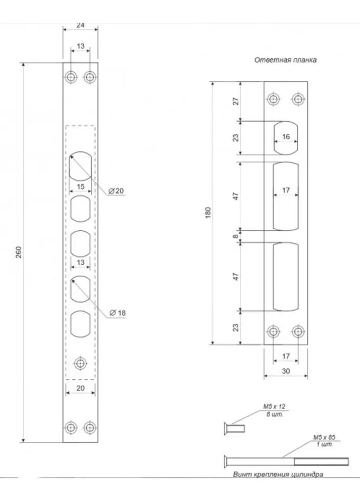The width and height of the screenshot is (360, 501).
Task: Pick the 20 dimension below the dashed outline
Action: point(80,388)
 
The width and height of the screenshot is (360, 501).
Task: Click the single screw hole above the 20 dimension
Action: point(80,363)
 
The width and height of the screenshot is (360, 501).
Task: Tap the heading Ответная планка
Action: point(285,60)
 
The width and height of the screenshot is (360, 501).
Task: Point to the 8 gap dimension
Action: point(234,235)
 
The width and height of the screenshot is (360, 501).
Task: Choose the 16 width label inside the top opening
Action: point(285,137)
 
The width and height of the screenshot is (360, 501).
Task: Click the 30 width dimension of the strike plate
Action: point(286,370)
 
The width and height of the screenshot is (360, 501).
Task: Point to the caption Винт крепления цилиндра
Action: point(278,475)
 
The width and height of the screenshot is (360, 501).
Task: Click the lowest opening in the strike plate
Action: point(285,277)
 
